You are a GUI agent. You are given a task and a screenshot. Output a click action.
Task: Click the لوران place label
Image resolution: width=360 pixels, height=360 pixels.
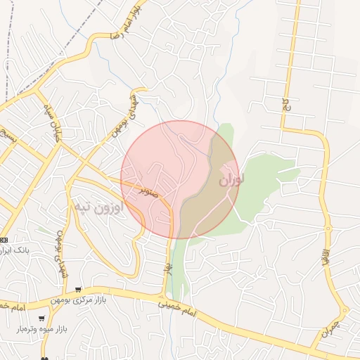coord(231,179)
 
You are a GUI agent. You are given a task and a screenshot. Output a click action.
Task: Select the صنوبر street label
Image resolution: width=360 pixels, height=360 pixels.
coord(153,191)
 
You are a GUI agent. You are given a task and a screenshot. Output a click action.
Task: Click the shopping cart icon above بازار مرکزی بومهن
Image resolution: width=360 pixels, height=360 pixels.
coord(79,289)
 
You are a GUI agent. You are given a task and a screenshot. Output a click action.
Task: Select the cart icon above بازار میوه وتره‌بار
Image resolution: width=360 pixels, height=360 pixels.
coord(40,317)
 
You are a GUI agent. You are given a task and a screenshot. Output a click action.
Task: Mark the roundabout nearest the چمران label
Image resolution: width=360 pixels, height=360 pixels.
coord(344,310)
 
